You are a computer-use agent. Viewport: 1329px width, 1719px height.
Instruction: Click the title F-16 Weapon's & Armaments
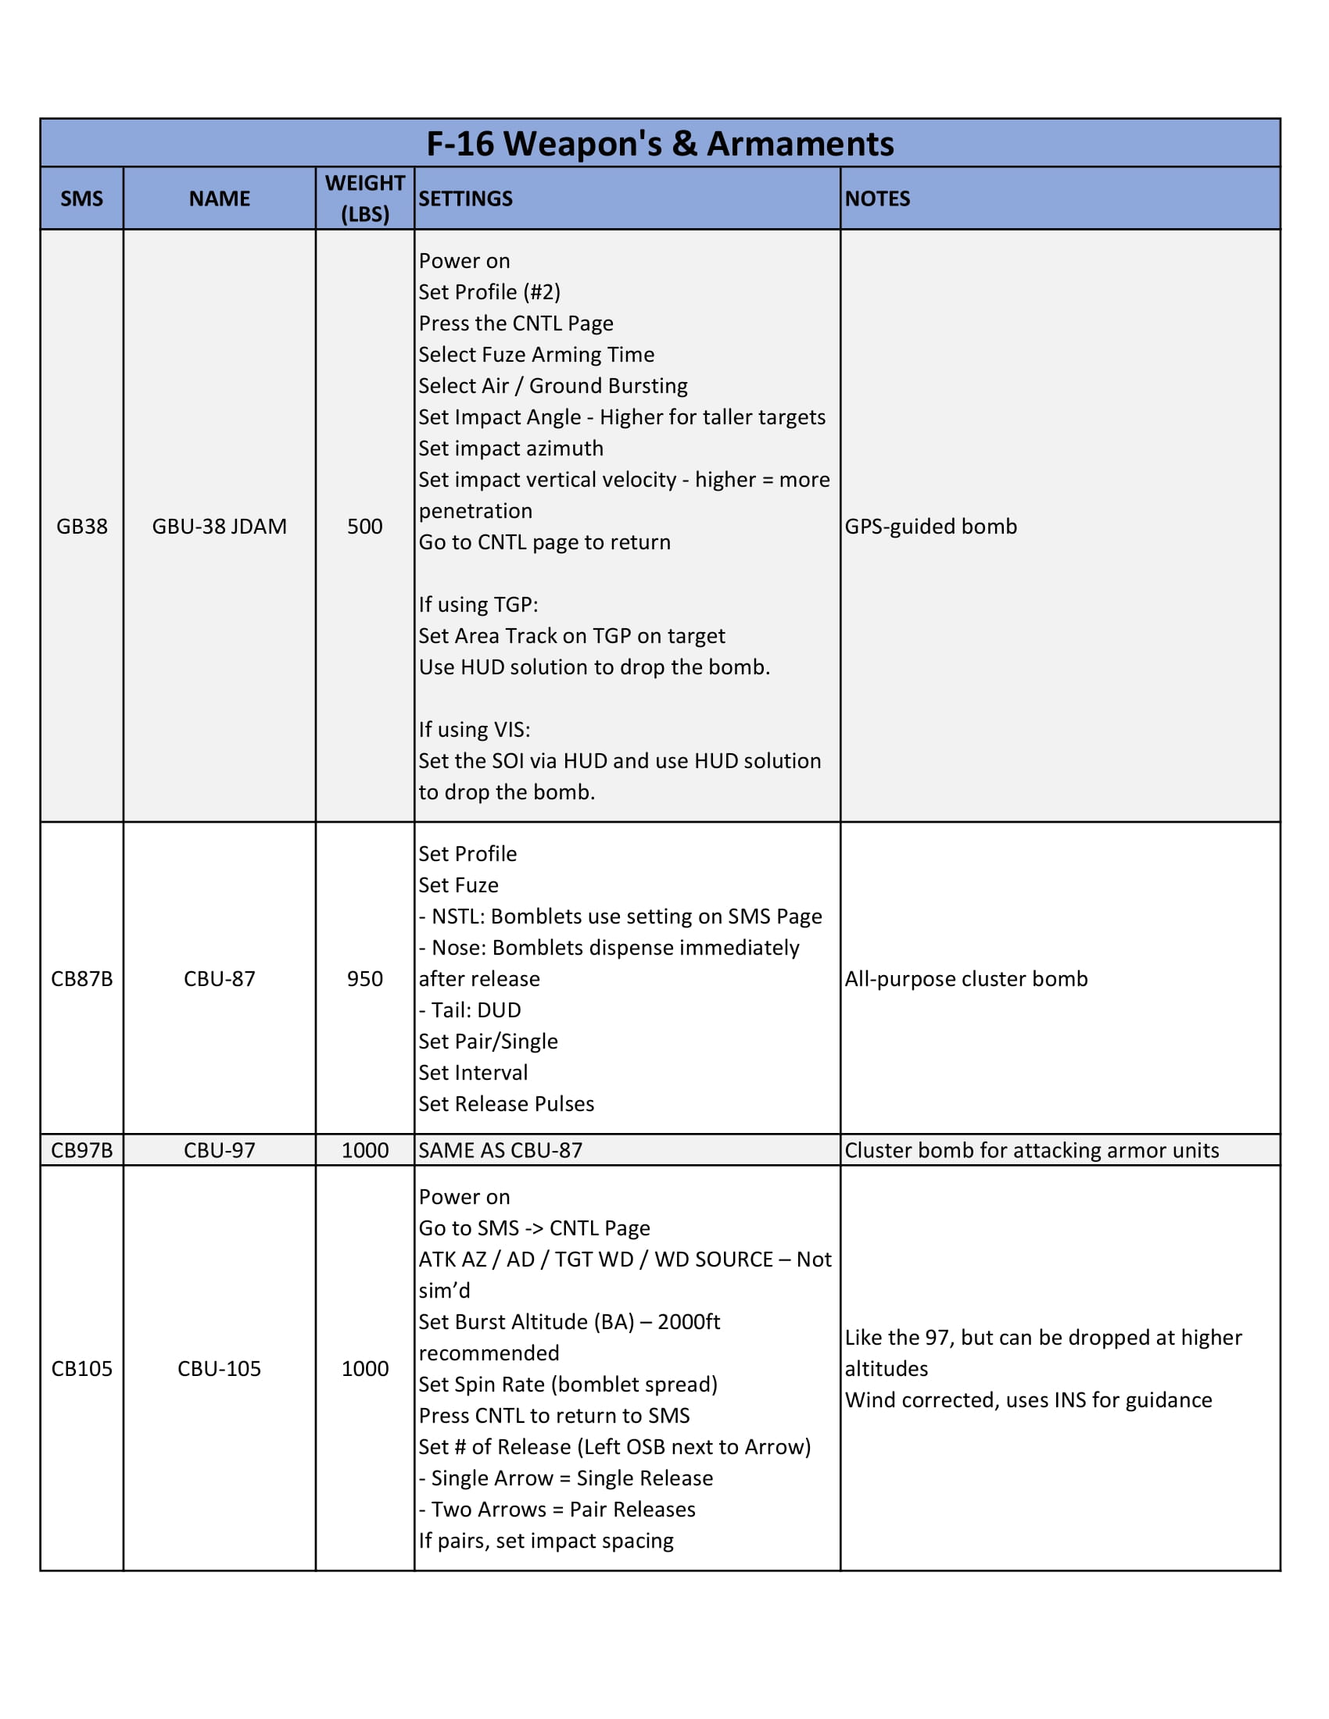(x=660, y=143)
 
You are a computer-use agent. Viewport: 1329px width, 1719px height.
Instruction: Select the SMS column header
(x=82, y=198)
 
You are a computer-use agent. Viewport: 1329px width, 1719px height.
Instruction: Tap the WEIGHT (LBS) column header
(x=364, y=198)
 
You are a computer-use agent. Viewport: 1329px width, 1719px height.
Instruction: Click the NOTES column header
(x=877, y=198)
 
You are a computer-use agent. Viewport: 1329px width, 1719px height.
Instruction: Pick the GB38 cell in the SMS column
(x=82, y=526)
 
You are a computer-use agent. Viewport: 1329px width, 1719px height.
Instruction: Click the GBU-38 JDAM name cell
(x=219, y=526)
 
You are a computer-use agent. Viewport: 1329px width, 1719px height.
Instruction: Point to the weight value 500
(x=364, y=526)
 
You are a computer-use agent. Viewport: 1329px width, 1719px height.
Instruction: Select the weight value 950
(x=364, y=978)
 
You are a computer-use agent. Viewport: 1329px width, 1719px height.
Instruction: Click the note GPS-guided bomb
(x=930, y=526)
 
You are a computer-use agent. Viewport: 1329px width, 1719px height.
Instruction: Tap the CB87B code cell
(x=82, y=978)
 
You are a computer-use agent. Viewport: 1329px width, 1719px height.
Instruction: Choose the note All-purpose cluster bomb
(x=966, y=978)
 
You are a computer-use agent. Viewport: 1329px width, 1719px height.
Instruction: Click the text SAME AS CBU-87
(x=500, y=1150)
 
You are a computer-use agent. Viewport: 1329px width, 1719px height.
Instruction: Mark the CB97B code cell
(x=82, y=1150)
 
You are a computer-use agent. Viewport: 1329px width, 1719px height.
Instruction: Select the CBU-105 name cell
(x=219, y=1368)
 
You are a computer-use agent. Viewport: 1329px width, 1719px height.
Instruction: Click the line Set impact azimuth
(x=511, y=448)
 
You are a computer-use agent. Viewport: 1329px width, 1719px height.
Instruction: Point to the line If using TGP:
(x=478, y=605)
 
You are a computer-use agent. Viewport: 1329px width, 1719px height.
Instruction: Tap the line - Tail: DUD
(x=470, y=1010)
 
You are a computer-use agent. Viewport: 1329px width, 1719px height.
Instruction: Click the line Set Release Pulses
(x=507, y=1103)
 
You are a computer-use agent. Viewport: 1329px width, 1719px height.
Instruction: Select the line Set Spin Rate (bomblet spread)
(x=568, y=1384)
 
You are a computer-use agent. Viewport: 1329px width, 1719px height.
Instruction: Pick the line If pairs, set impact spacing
(x=546, y=1540)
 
